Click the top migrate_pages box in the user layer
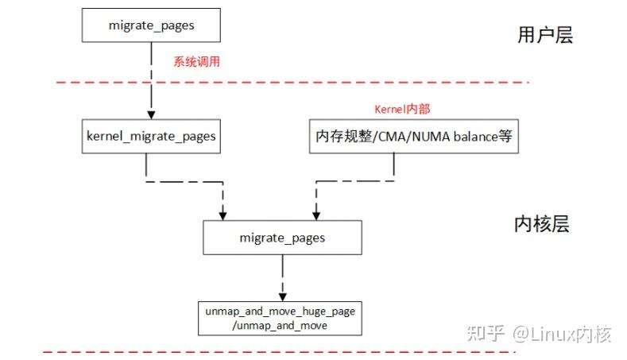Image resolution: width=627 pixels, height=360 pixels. tap(151, 25)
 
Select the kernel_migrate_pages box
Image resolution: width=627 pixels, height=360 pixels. tap(151, 136)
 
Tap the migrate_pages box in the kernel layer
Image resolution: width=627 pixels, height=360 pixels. tap(282, 238)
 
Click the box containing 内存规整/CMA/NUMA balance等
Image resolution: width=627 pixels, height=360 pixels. tap(412, 136)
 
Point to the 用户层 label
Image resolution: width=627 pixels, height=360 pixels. tap(544, 35)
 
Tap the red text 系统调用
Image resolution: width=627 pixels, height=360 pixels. tap(195, 60)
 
